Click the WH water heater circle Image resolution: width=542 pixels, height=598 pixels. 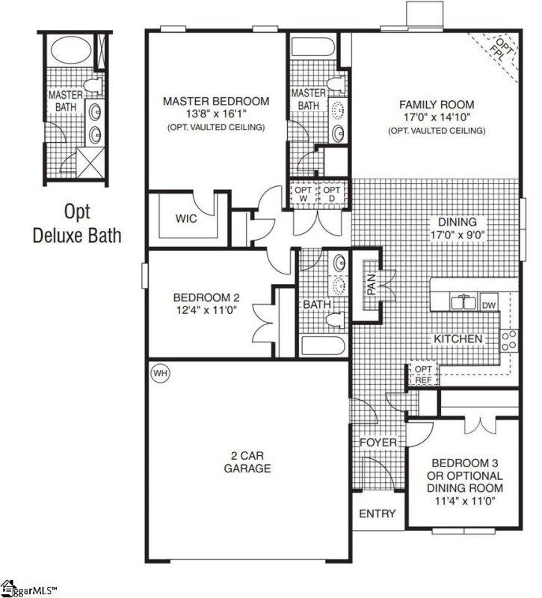(x=159, y=371)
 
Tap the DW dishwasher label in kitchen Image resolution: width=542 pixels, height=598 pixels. (x=489, y=305)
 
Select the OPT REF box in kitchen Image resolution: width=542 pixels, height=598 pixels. (x=422, y=374)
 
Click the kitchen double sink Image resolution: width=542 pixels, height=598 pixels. (x=464, y=303)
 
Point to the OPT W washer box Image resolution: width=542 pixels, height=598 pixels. (x=302, y=194)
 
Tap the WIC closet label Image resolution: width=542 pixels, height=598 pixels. (x=186, y=219)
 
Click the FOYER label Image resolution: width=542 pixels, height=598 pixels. (x=378, y=443)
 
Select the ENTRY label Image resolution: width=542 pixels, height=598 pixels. (x=378, y=514)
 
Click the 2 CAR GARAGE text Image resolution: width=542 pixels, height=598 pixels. (x=247, y=461)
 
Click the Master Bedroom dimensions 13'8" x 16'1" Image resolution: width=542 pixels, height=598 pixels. (x=215, y=114)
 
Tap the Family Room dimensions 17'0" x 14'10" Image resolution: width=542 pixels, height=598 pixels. (x=436, y=117)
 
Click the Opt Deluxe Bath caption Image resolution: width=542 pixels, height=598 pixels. (x=76, y=224)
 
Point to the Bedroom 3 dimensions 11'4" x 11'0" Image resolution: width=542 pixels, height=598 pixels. (x=464, y=500)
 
